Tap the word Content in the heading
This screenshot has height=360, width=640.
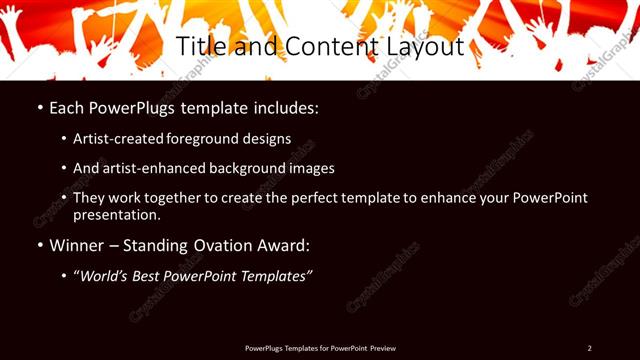click(x=323, y=47)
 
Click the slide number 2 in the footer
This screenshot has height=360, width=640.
click(x=589, y=348)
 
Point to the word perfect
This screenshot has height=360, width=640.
click(x=329, y=198)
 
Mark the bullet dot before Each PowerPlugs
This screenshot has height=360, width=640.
click(x=39, y=106)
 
